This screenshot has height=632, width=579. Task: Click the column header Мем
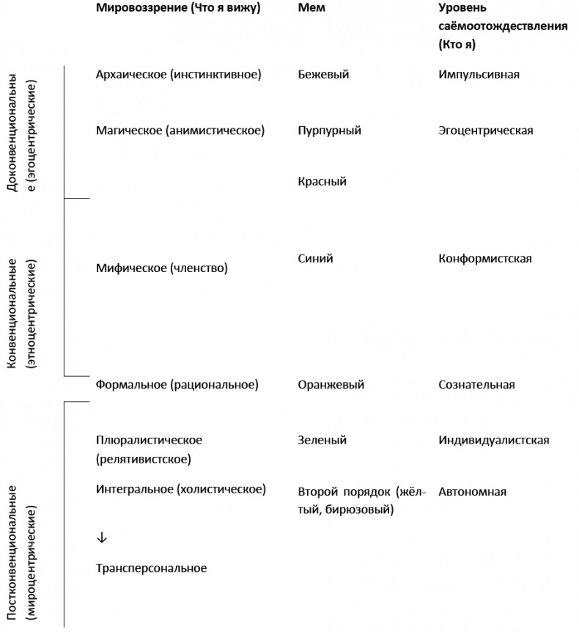click(x=311, y=8)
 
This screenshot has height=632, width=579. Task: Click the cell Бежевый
click(x=323, y=75)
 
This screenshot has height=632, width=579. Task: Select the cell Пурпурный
click(x=329, y=131)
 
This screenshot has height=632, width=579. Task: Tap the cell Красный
click(x=322, y=181)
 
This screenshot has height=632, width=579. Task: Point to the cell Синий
click(x=316, y=259)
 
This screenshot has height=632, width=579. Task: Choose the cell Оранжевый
click(x=331, y=385)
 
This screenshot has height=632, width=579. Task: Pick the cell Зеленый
click(x=322, y=441)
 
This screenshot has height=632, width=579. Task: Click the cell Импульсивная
click(x=479, y=75)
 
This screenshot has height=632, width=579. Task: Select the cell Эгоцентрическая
click(x=485, y=131)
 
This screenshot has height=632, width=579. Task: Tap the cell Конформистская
click(x=484, y=259)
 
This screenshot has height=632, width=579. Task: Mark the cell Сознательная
click(x=476, y=385)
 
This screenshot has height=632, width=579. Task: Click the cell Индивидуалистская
click(x=493, y=441)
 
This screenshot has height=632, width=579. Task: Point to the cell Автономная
click(x=472, y=492)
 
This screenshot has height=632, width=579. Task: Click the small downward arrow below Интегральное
click(x=101, y=537)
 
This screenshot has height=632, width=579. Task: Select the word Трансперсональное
click(x=151, y=568)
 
